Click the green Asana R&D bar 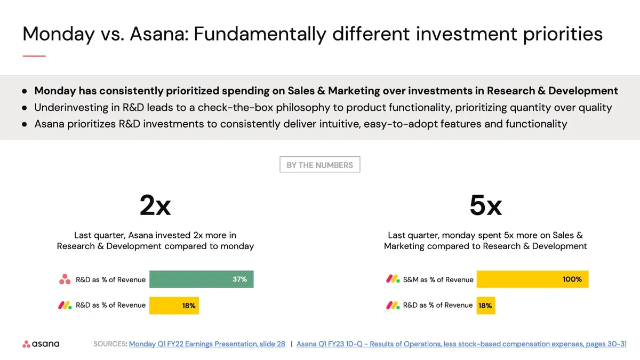201,279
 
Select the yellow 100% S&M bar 532,279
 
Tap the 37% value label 239,279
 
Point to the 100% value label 572,279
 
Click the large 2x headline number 155,205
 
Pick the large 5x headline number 485,205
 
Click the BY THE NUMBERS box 319,165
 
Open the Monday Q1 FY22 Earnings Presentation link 207,344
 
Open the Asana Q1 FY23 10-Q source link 461,344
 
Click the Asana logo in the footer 41,344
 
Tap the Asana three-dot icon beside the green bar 65,279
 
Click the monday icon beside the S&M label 393,279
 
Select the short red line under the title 34,55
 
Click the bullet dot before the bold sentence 25,91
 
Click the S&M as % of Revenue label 438,279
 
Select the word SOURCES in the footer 110,344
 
